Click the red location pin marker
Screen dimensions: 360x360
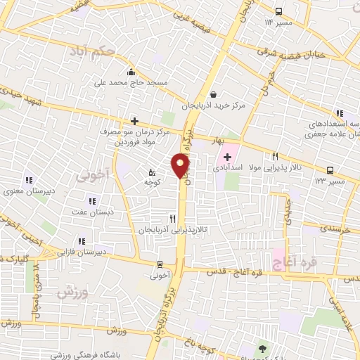click(x=181, y=165)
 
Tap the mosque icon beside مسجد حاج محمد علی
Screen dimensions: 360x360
click(x=131, y=72)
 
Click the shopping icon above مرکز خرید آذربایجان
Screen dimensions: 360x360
click(x=213, y=94)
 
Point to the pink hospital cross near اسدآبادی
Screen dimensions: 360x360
click(x=227, y=155)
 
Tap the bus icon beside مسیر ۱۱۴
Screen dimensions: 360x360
click(x=279, y=11)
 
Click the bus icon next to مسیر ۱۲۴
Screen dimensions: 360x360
click(x=330, y=169)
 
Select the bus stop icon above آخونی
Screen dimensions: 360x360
click(x=161, y=265)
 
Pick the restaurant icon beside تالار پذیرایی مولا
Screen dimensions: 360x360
click(x=276, y=156)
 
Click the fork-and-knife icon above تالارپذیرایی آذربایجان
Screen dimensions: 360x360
click(x=172, y=219)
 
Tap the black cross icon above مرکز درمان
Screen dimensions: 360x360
click(x=134, y=121)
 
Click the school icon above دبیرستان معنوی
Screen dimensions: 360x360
click(x=29, y=179)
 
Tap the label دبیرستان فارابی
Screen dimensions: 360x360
click(x=82, y=251)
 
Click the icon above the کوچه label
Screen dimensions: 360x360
click(x=153, y=172)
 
